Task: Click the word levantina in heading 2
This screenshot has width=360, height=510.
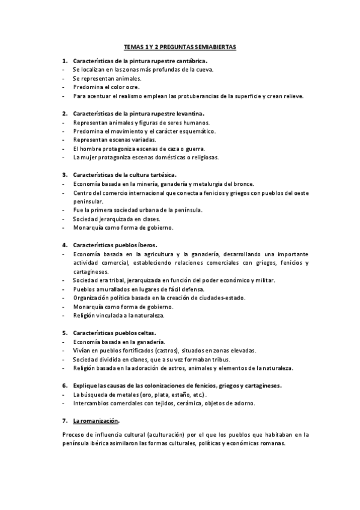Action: (x=189, y=114)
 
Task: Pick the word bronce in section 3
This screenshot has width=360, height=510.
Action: (x=243, y=184)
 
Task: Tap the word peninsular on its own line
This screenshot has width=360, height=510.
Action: (x=88, y=201)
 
